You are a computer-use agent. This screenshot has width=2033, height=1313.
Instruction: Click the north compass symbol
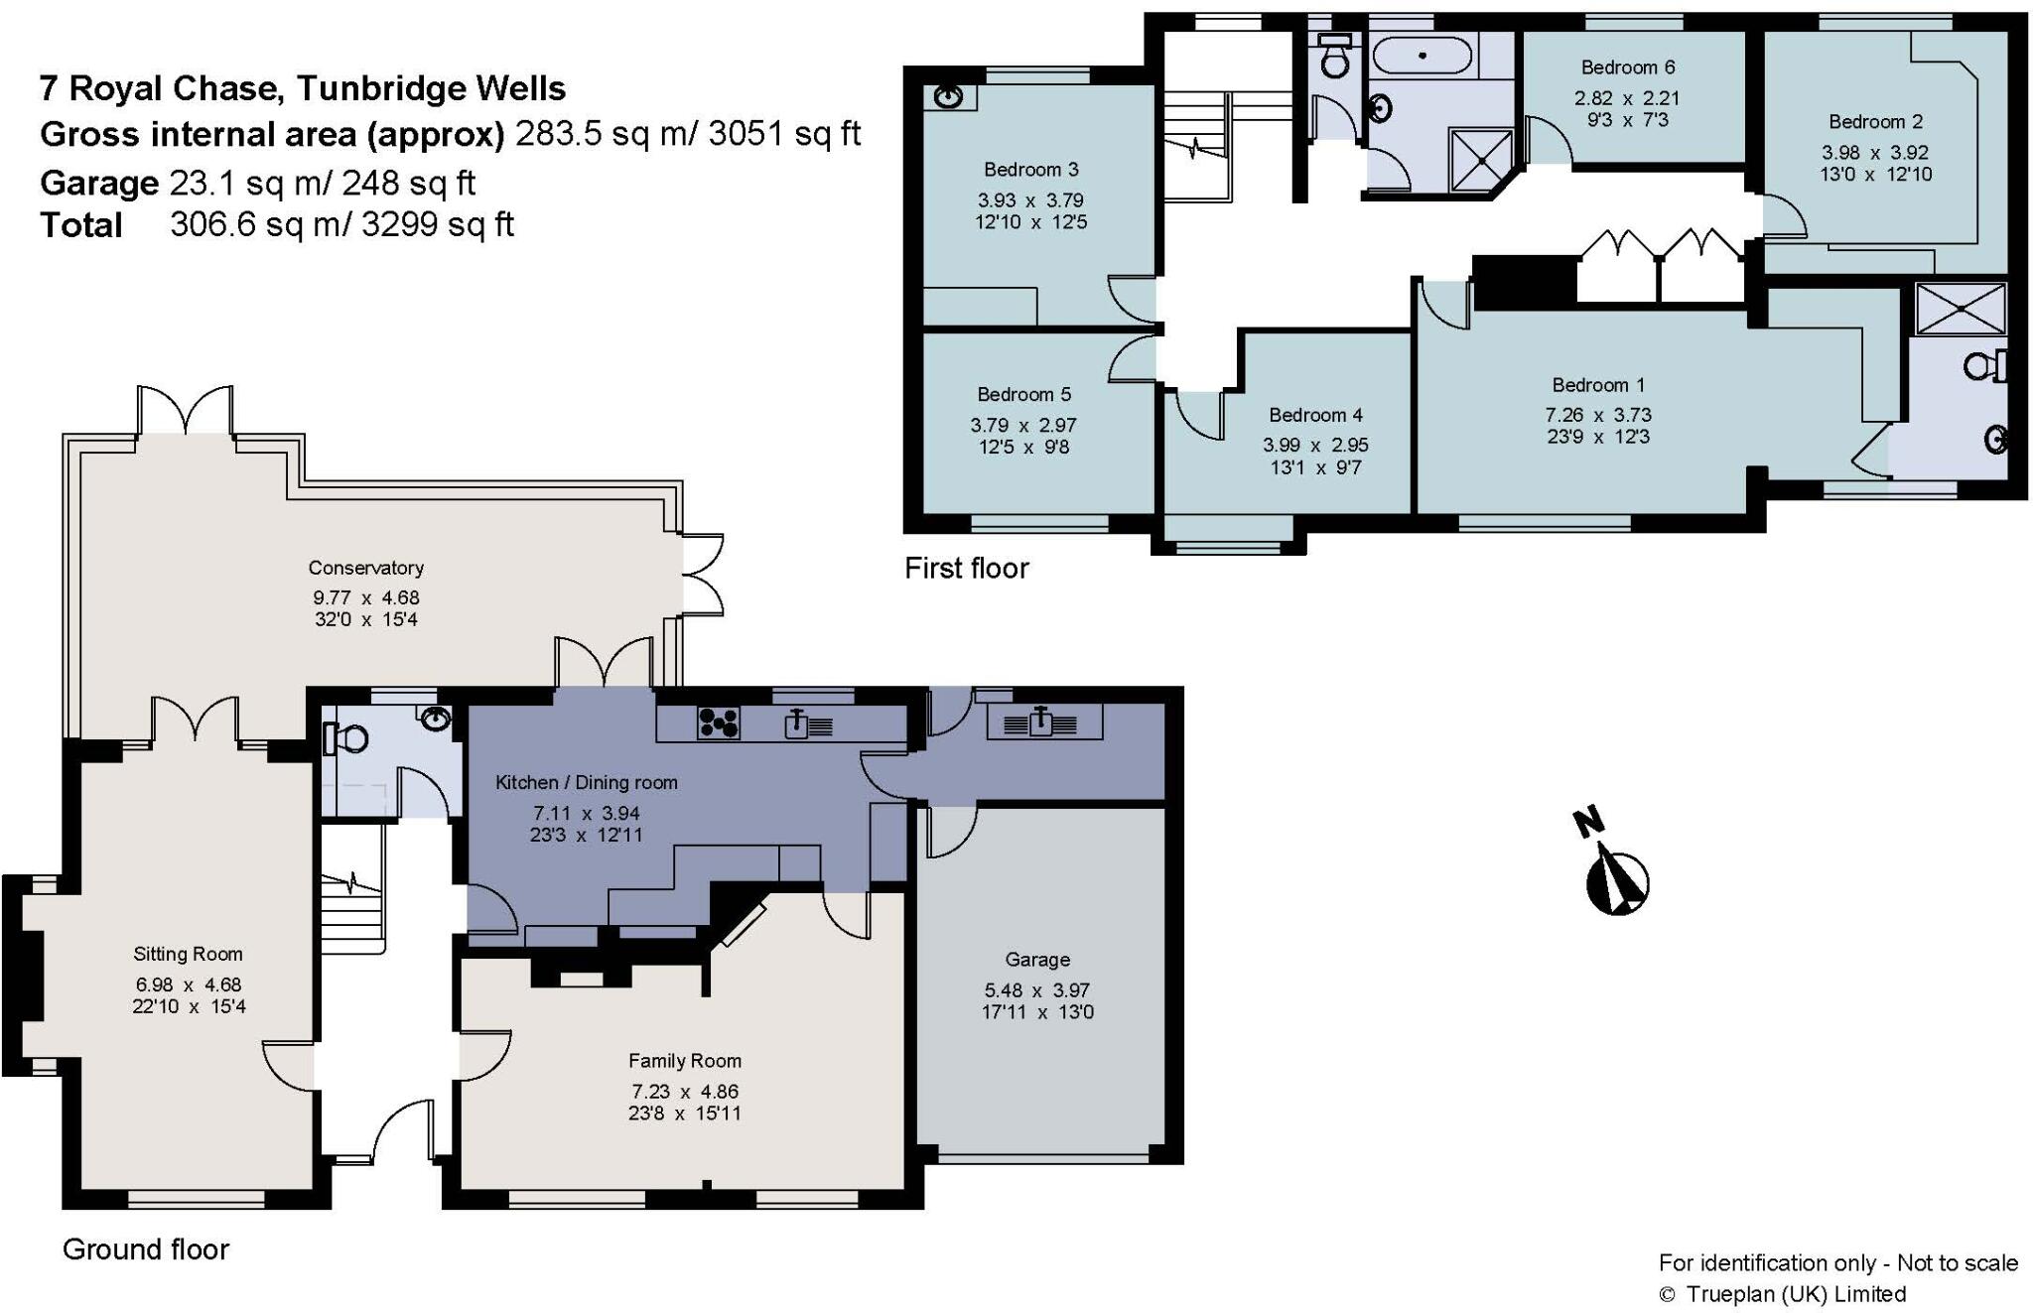point(1616,877)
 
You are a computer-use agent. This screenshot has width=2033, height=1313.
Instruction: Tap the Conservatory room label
point(365,568)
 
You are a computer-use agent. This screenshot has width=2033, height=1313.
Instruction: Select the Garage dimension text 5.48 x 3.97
point(1036,990)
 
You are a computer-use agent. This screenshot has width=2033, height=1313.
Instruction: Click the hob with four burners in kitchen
point(718,722)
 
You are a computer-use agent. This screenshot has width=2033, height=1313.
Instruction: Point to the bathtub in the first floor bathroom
point(1422,56)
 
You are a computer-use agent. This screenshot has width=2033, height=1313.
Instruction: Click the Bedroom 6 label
point(1627,67)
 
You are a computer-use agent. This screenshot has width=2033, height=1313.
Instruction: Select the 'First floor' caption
point(966,568)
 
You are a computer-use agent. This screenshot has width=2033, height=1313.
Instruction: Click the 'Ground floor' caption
point(146,1248)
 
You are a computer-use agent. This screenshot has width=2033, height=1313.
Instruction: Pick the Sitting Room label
point(188,954)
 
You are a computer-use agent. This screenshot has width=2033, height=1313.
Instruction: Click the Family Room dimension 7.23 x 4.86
point(684,1091)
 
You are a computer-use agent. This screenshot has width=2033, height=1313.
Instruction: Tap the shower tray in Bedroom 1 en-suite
point(1960,309)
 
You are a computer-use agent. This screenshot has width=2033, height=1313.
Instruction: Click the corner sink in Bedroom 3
point(950,96)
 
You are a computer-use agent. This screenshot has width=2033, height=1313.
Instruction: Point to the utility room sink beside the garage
point(1039,722)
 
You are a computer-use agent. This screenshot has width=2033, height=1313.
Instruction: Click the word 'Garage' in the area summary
point(98,183)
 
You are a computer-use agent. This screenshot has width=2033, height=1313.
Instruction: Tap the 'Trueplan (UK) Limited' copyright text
point(1795,1294)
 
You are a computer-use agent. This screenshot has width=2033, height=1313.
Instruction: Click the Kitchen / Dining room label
point(586,782)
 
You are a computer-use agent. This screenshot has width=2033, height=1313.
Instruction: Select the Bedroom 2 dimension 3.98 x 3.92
point(1874,153)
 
